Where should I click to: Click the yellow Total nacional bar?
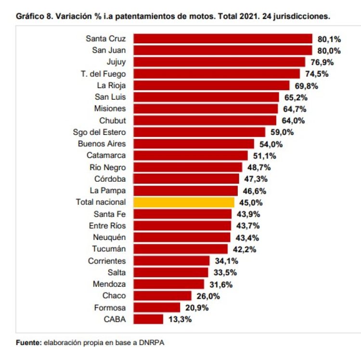tap(184, 202)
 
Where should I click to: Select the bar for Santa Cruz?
tap(223, 39)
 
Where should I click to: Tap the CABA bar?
tap(142, 319)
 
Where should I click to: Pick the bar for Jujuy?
tap(219, 62)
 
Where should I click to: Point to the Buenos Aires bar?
tap(193, 144)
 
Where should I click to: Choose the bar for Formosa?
tap(156, 307)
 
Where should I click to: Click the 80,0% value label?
tap(329, 51)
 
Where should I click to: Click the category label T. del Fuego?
tap(103, 74)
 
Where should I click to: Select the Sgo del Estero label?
tap(99, 132)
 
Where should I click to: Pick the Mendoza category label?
tap(109, 284)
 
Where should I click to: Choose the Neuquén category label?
tap(109, 238)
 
